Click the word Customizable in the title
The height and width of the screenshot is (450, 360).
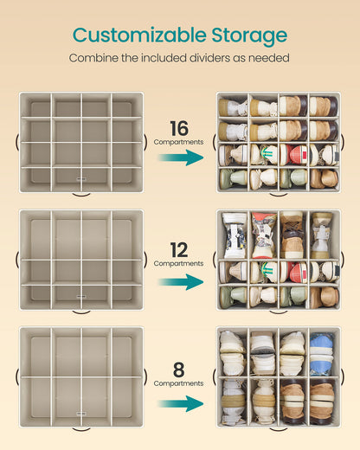click(139, 35)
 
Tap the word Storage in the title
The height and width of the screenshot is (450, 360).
click(249, 36)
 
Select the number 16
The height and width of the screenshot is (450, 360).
click(179, 128)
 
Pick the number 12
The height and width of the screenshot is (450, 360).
click(179, 250)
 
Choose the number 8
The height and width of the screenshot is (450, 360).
click(179, 370)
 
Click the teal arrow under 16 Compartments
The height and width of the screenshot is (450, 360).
click(181, 157)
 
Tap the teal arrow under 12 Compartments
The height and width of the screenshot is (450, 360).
click(181, 282)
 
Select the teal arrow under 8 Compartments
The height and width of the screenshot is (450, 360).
click(181, 403)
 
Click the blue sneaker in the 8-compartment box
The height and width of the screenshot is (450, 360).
click(321, 353)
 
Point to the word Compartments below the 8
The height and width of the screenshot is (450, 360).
click(178, 383)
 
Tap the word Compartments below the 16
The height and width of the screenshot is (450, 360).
click(178, 142)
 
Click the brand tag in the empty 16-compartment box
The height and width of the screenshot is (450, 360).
click(81, 179)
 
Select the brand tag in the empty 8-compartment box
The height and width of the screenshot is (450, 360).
click(81, 414)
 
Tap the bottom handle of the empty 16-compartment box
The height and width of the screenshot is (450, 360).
click(81, 195)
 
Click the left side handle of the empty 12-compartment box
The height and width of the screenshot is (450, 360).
click(17, 260)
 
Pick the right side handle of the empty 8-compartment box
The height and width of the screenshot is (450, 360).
click(145, 376)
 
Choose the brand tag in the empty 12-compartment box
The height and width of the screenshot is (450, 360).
click(81, 296)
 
